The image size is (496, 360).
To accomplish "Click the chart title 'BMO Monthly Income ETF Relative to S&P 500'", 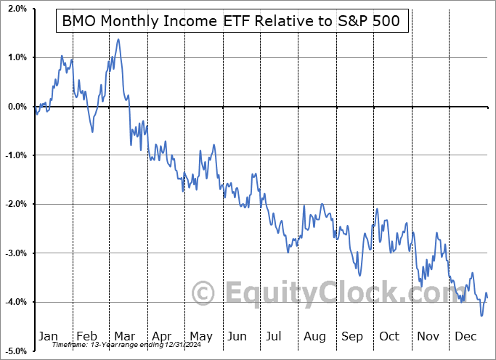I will [232, 22].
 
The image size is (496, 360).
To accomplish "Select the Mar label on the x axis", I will [125, 337].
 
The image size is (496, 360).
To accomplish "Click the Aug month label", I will [315, 337].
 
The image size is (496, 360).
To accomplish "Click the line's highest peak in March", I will [118, 39].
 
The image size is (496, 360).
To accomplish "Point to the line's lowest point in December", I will [481, 316].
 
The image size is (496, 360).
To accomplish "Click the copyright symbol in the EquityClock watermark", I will [203, 293].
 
